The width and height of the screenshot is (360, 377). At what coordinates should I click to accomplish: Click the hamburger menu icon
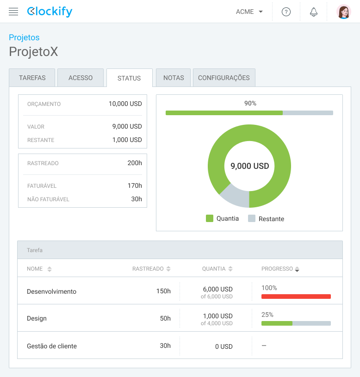13,12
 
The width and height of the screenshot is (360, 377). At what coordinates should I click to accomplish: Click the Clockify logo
50,12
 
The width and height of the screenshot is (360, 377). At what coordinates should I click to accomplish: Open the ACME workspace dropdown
249,12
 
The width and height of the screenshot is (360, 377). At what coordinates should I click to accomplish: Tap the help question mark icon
286,12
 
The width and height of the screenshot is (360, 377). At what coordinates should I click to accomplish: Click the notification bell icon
314,12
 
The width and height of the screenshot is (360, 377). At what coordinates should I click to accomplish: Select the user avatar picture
343,12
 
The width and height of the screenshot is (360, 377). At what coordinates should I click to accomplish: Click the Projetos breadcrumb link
24,37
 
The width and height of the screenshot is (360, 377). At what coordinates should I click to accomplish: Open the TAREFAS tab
32,78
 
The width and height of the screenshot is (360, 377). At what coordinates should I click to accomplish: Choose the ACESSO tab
81,78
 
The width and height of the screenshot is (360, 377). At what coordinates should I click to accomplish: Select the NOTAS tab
174,78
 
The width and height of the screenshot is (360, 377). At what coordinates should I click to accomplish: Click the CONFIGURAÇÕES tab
224,78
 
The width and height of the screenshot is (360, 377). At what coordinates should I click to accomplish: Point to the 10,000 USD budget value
125,104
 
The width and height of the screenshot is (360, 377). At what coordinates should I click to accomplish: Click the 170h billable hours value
135,185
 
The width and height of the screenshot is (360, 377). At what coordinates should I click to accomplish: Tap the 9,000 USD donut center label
249,166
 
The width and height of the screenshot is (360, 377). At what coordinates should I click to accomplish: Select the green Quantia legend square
210,218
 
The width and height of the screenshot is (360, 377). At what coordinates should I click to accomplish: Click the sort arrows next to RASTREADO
168,269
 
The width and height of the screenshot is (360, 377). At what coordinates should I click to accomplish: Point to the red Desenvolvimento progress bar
296,297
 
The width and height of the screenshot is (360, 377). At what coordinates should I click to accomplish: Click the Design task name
37,318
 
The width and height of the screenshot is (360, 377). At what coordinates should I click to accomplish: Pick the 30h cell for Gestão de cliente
165,346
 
